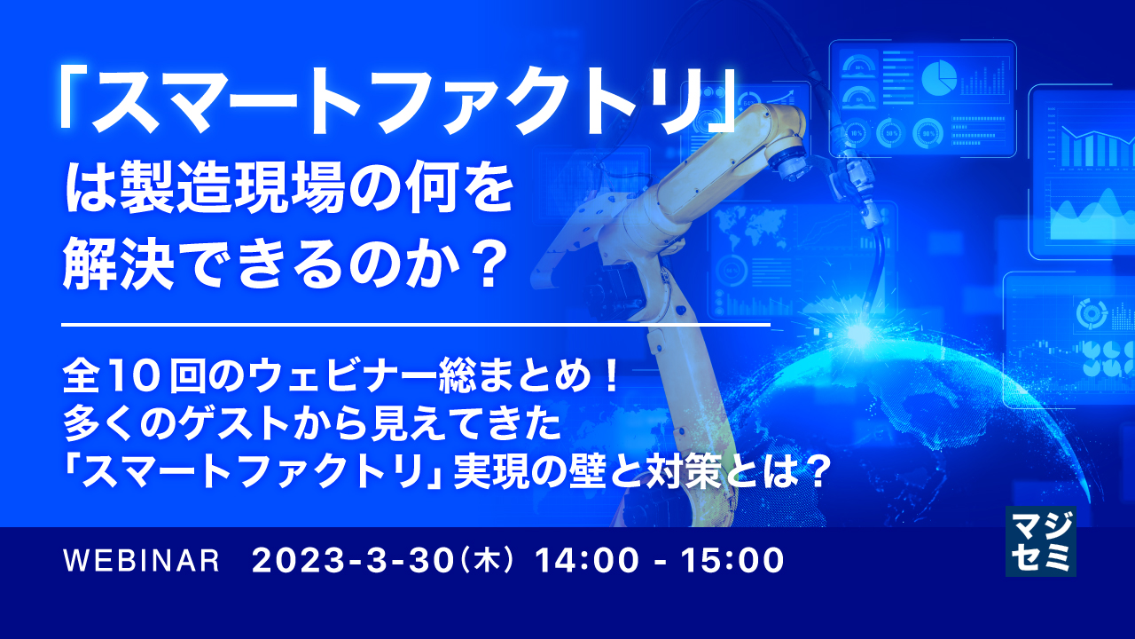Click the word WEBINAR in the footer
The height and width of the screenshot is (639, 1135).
[142, 561]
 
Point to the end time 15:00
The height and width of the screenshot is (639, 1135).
[735, 560]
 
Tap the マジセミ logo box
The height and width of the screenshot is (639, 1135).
[1040, 541]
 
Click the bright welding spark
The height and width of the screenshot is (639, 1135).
[858, 333]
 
